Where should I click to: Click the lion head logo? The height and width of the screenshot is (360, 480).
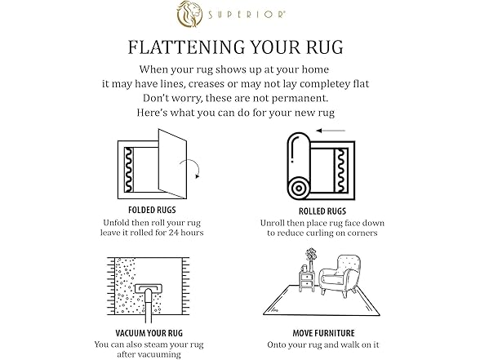pyautogui.click(x=189, y=14)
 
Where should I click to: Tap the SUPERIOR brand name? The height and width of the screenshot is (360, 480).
pyautogui.click(x=247, y=15)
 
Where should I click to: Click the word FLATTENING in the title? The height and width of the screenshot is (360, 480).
pyautogui.click(x=185, y=47)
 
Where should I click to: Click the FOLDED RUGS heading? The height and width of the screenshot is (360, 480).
pyautogui.click(x=152, y=210)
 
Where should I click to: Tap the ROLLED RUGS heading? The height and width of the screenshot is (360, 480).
pyautogui.click(x=322, y=211)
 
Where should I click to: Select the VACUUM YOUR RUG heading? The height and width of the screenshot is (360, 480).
pyautogui.click(x=149, y=333)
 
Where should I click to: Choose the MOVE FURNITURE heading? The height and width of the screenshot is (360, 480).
pyautogui.click(x=323, y=333)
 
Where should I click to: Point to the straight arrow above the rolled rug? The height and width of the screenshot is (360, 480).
pyautogui.click(x=331, y=131)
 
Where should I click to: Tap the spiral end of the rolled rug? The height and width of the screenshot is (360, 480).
pyautogui.click(x=299, y=189)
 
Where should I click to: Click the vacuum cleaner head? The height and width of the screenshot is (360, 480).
pyautogui.click(x=149, y=288)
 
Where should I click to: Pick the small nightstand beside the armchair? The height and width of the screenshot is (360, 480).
pyautogui.click(x=306, y=282)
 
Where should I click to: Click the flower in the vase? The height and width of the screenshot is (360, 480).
pyautogui.click(x=311, y=255)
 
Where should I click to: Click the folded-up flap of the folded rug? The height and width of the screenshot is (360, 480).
pyautogui.click(x=172, y=164)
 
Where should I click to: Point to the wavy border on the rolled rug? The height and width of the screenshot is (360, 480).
pyautogui.click(x=340, y=170)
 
